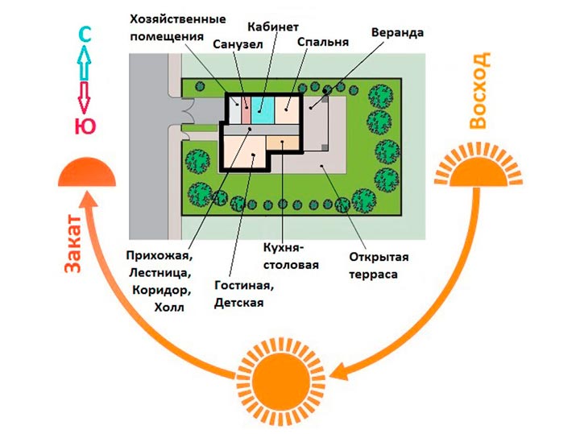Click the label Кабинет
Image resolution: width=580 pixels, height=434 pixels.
[x=273, y=27]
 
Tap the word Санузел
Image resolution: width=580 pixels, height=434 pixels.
[x=238, y=45]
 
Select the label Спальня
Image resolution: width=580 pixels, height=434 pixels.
[x=323, y=42]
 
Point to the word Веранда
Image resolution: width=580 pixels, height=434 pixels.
[x=398, y=32]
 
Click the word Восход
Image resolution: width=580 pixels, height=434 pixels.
[x=479, y=90]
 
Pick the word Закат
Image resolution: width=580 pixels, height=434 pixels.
[x=72, y=243]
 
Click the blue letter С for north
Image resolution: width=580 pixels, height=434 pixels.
[x=85, y=35]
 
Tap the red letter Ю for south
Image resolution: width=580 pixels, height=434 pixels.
[x=85, y=126]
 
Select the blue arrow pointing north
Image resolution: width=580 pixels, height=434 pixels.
[x=85, y=63]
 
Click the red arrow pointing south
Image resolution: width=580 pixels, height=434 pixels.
[x=85, y=97]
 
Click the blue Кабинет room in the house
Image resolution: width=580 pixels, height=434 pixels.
[x=263, y=110]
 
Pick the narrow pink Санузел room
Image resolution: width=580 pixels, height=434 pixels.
[x=246, y=110]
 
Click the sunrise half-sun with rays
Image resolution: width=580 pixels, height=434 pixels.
[x=478, y=167]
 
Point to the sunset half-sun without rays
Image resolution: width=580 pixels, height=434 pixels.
[x=87, y=172]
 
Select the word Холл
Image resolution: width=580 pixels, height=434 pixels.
[x=169, y=308]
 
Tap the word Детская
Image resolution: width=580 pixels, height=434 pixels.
[x=239, y=303]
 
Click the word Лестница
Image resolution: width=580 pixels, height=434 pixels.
[x=160, y=274]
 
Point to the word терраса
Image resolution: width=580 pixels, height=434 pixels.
[x=373, y=275]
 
